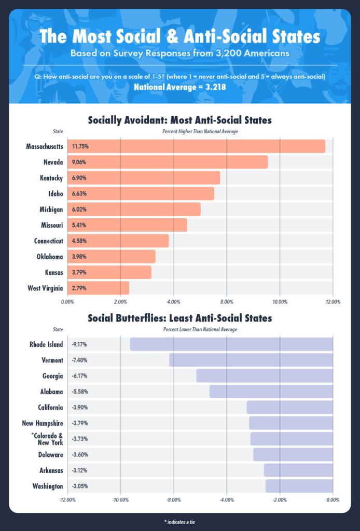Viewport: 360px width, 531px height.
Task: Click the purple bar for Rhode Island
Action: tap(231, 344)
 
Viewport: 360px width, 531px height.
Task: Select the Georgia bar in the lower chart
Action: tap(265, 375)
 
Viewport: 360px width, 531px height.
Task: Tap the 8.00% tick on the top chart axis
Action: tap(227, 301)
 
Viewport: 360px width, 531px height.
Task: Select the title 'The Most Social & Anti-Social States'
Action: tap(179, 37)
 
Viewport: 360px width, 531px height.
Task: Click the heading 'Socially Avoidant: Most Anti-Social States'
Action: tap(179, 120)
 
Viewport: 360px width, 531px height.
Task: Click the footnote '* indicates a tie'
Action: tap(179, 521)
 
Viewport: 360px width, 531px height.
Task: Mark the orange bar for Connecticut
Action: tap(118, 241)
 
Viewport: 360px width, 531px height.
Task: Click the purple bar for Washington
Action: tap(299, 486)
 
